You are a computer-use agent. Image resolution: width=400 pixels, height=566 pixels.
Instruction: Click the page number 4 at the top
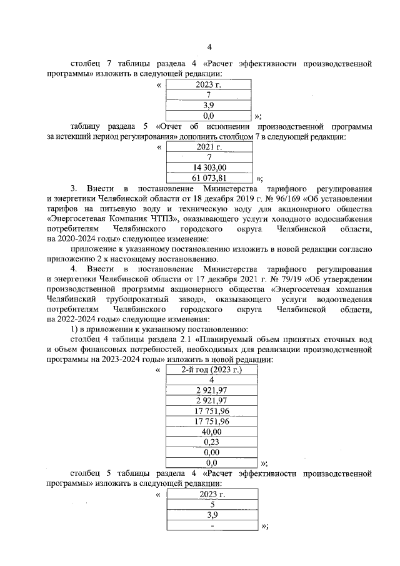click(x=209, y=46)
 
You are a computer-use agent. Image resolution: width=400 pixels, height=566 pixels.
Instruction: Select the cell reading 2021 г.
click(x=209, y=148)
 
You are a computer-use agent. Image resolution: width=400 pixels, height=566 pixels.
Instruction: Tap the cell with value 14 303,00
click(x=209, y=167)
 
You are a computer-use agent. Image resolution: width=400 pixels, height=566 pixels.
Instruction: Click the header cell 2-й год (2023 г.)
click(x=211, y=370)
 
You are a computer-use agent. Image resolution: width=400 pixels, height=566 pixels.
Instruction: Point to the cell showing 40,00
click(x=211, y=432)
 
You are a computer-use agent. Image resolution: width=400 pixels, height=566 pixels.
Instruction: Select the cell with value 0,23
click(x=211, y=442)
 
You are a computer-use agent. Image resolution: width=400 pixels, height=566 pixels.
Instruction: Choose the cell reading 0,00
click(x=211, y=452)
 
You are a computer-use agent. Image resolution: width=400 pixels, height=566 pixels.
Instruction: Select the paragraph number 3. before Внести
click(x=73, y=188)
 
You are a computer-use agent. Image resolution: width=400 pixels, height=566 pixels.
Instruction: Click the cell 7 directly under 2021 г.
click(x=209, y=157)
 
